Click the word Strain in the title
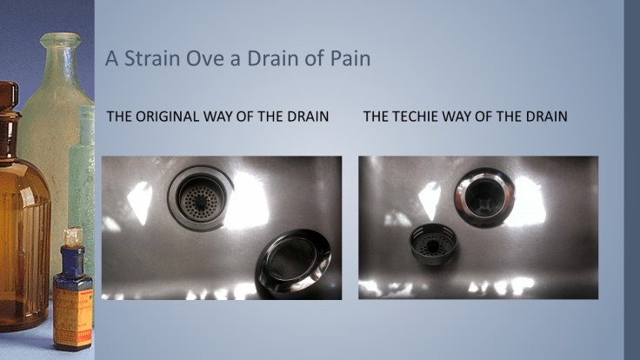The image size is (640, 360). [x=152, y=58]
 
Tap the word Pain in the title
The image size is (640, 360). [x=350, y=58]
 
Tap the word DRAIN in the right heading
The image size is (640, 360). [x=547, y=117]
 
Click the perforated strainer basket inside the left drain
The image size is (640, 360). [x=201, y=199]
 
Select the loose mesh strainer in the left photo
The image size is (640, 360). [x=293, y=260]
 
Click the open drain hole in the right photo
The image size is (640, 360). [x=484, y=199]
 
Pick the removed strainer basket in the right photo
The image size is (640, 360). [x=433, y=244]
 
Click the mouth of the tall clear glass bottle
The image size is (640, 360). [x=60, y=40]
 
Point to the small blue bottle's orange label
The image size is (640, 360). [x=73, y=317]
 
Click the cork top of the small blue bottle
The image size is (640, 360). [x=73, y=237]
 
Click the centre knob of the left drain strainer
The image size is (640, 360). [x=200, y=200]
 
